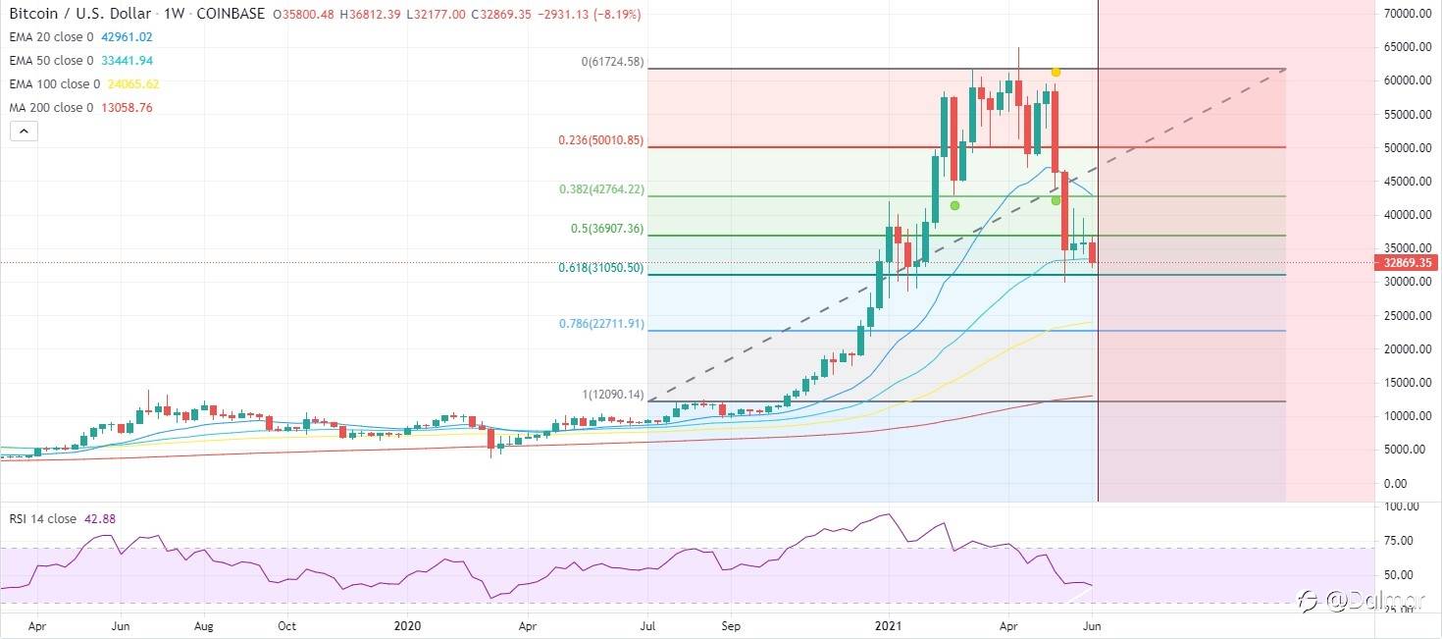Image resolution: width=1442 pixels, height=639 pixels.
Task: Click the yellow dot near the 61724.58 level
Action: click(x=1056, y=72)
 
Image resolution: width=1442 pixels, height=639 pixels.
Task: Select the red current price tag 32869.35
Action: click(x=1404, y=263)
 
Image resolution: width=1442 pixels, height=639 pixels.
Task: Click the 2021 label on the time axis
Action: click(x=889, y=624)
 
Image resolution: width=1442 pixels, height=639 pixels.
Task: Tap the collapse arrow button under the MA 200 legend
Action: click(x=24, y=131)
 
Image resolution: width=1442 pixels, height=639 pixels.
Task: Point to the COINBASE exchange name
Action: click(x=232, y=15)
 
